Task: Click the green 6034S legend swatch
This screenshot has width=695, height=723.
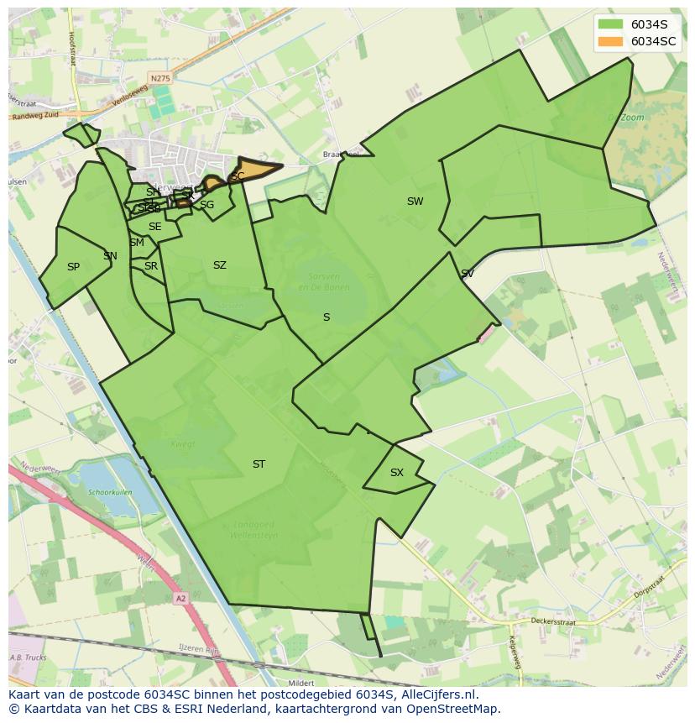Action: click(x=610, y=24)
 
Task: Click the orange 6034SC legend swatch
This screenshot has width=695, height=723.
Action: click(x=610, y=41)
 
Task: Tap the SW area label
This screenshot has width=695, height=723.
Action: click(x=415, y=202)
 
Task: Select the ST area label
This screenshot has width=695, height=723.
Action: click(x=259, y=464)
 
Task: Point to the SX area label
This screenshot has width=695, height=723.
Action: click(x=397, y=473)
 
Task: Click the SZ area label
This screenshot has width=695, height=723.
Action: click(x=220, y=265)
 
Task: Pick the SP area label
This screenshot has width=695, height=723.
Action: click(x=73, y=267)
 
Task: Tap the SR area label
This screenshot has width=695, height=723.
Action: click(x=151, y=266)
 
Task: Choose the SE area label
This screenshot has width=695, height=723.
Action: click(x=155, y=227)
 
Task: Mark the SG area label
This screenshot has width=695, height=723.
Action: click(x=207, y=205)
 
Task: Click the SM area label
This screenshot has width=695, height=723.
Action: click(x=137, y=243)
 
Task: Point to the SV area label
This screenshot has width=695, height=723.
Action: click(x=467, y=274)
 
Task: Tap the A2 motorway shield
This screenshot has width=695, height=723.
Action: click(x=181, y=599)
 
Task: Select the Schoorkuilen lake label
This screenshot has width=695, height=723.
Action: click(x=111, y=493)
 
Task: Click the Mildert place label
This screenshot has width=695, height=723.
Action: click(x=300, y=683)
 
